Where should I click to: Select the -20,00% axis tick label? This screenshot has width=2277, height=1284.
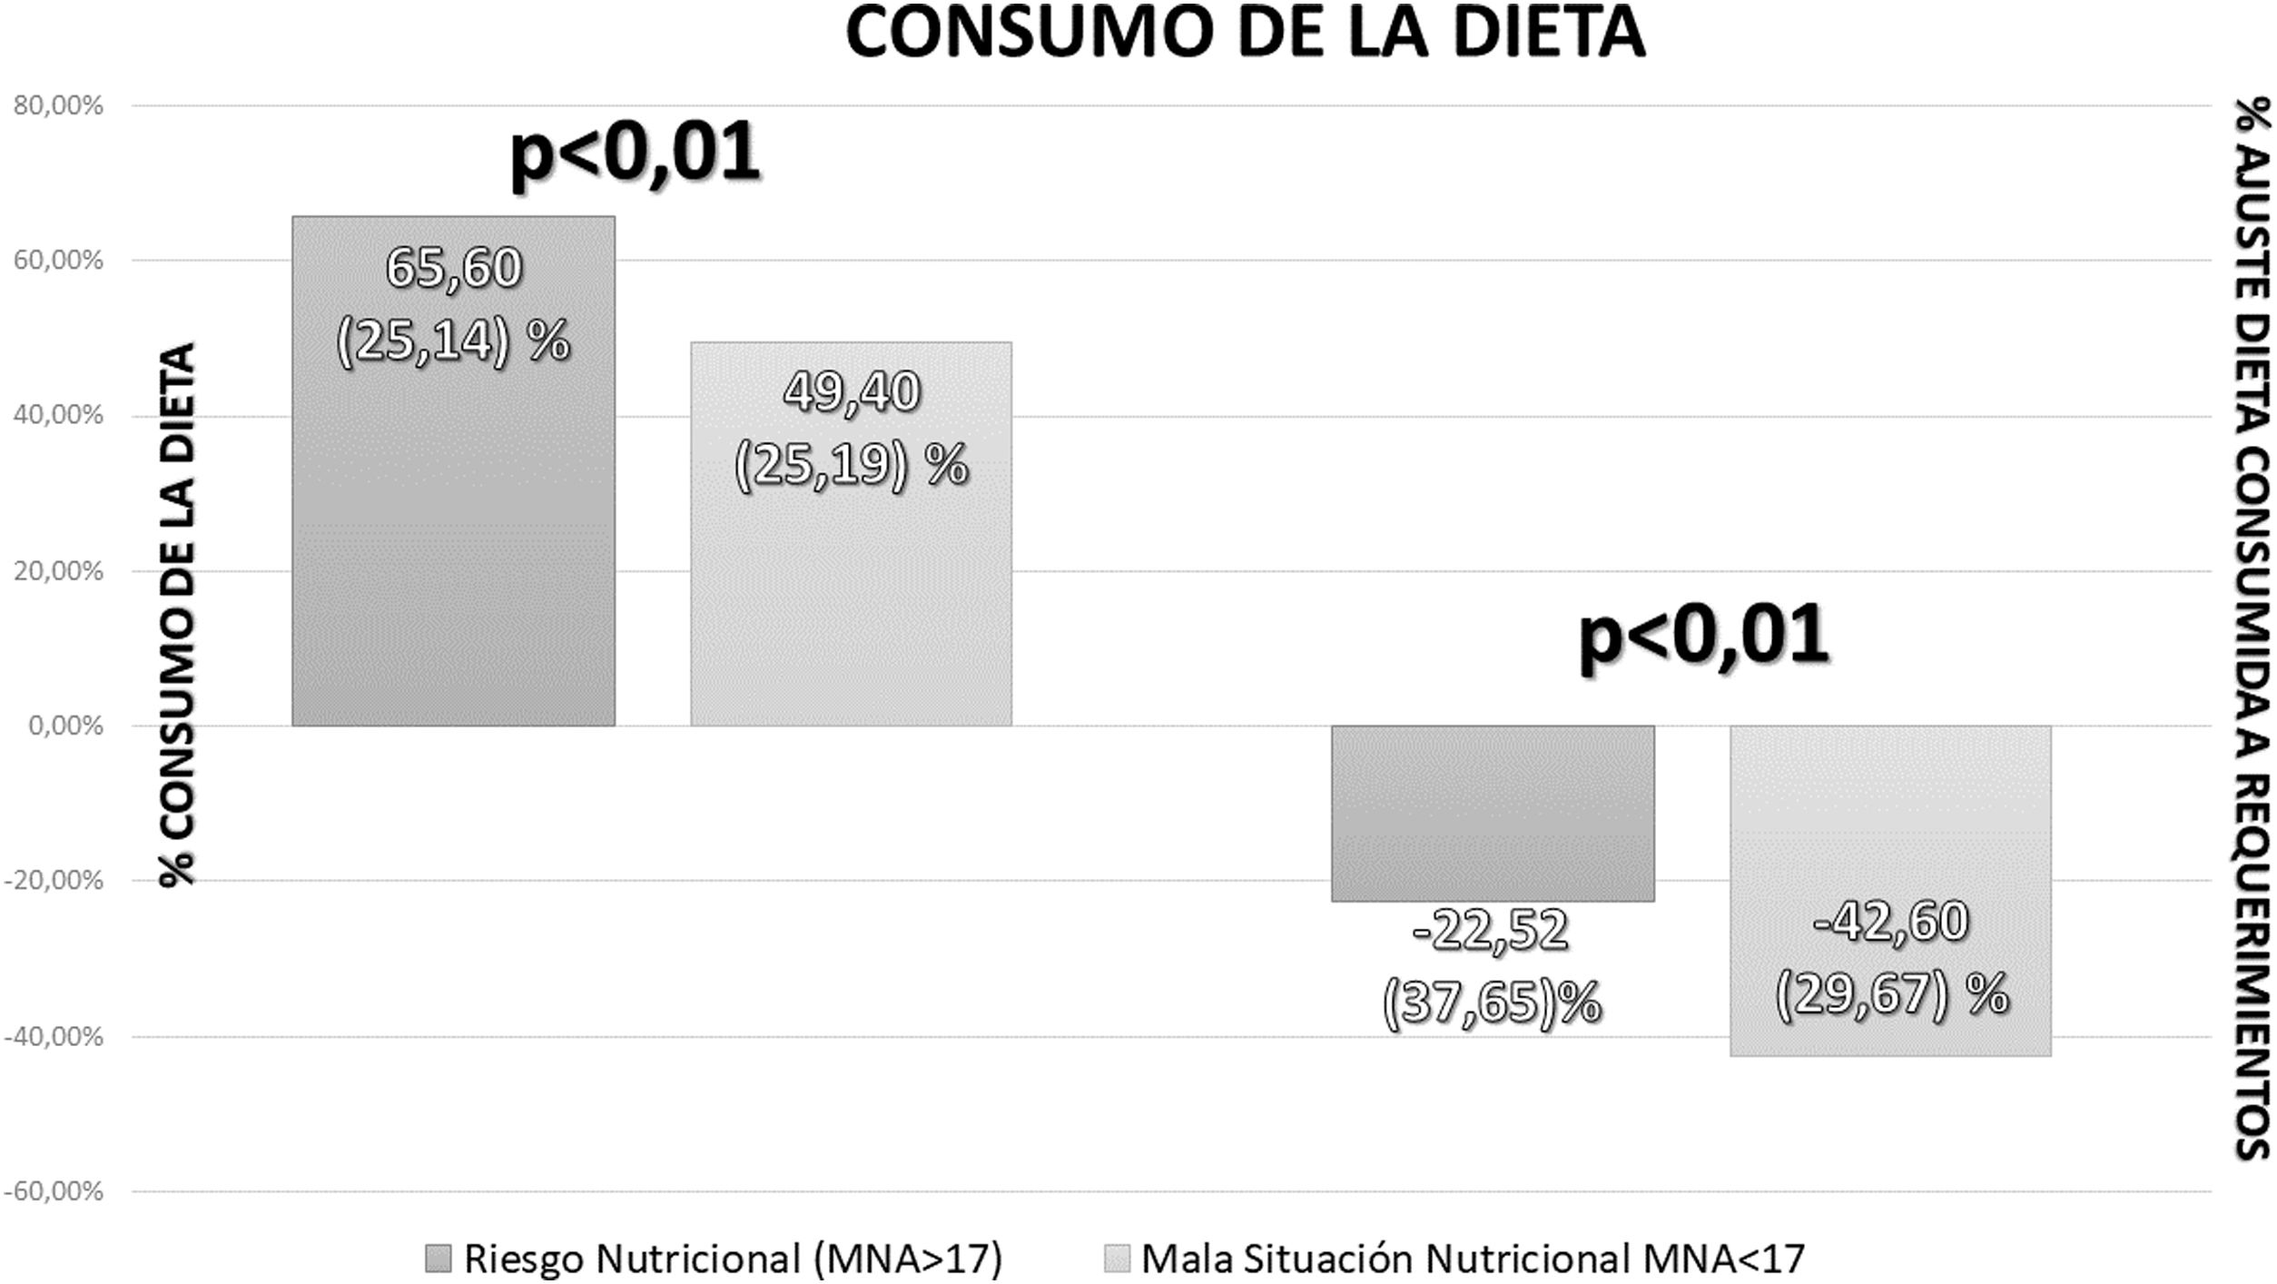coord(54,881)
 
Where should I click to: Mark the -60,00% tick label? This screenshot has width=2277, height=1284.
coord(54,1191)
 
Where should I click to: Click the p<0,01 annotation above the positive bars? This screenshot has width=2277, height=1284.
coord(635,153)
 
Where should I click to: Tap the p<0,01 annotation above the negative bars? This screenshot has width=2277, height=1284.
coord(1703,636)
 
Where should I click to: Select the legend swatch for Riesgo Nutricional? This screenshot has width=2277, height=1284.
coord(438,1259)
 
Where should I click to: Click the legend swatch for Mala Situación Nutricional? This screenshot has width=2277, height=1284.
coord(1117,1259)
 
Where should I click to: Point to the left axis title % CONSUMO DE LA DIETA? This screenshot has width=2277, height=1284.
coord(178,614)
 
